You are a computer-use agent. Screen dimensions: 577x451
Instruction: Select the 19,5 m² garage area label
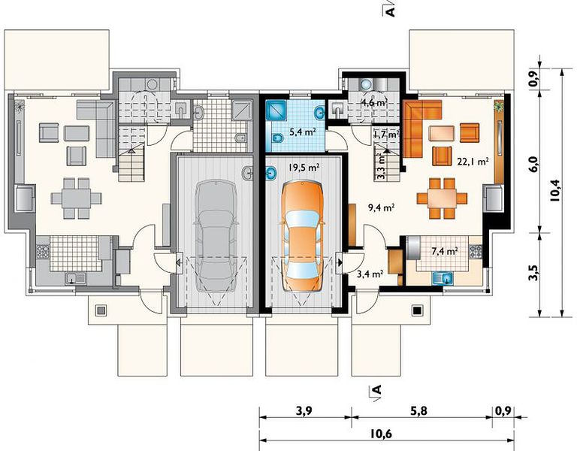click(304, 168)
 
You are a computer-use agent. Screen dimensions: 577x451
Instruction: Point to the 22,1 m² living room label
click(473, 162)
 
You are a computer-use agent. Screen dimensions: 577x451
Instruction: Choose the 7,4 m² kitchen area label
click(445, 251)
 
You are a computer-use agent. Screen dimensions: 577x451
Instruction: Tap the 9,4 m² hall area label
click(382, 207)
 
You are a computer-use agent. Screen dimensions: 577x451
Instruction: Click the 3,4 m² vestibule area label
click(370, 273)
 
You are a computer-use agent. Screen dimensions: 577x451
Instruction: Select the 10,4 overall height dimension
click(554, 190)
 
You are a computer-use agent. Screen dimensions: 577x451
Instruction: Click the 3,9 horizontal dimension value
click(304, 410)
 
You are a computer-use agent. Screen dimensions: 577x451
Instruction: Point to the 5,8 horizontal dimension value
click(419, 410)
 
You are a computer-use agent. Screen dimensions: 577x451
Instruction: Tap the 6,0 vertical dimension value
click(534, 162)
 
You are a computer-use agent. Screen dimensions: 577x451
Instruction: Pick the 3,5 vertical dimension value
click(534, 273)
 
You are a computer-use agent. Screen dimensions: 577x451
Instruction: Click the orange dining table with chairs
click(442, 198)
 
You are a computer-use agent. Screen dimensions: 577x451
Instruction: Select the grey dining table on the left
click(76, 198)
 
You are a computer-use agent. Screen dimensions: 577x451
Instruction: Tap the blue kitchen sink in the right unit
click(443, 278)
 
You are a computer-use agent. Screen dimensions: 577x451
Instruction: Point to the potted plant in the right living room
click(499, 106)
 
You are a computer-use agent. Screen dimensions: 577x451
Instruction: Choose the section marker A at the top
click(390, 10)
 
